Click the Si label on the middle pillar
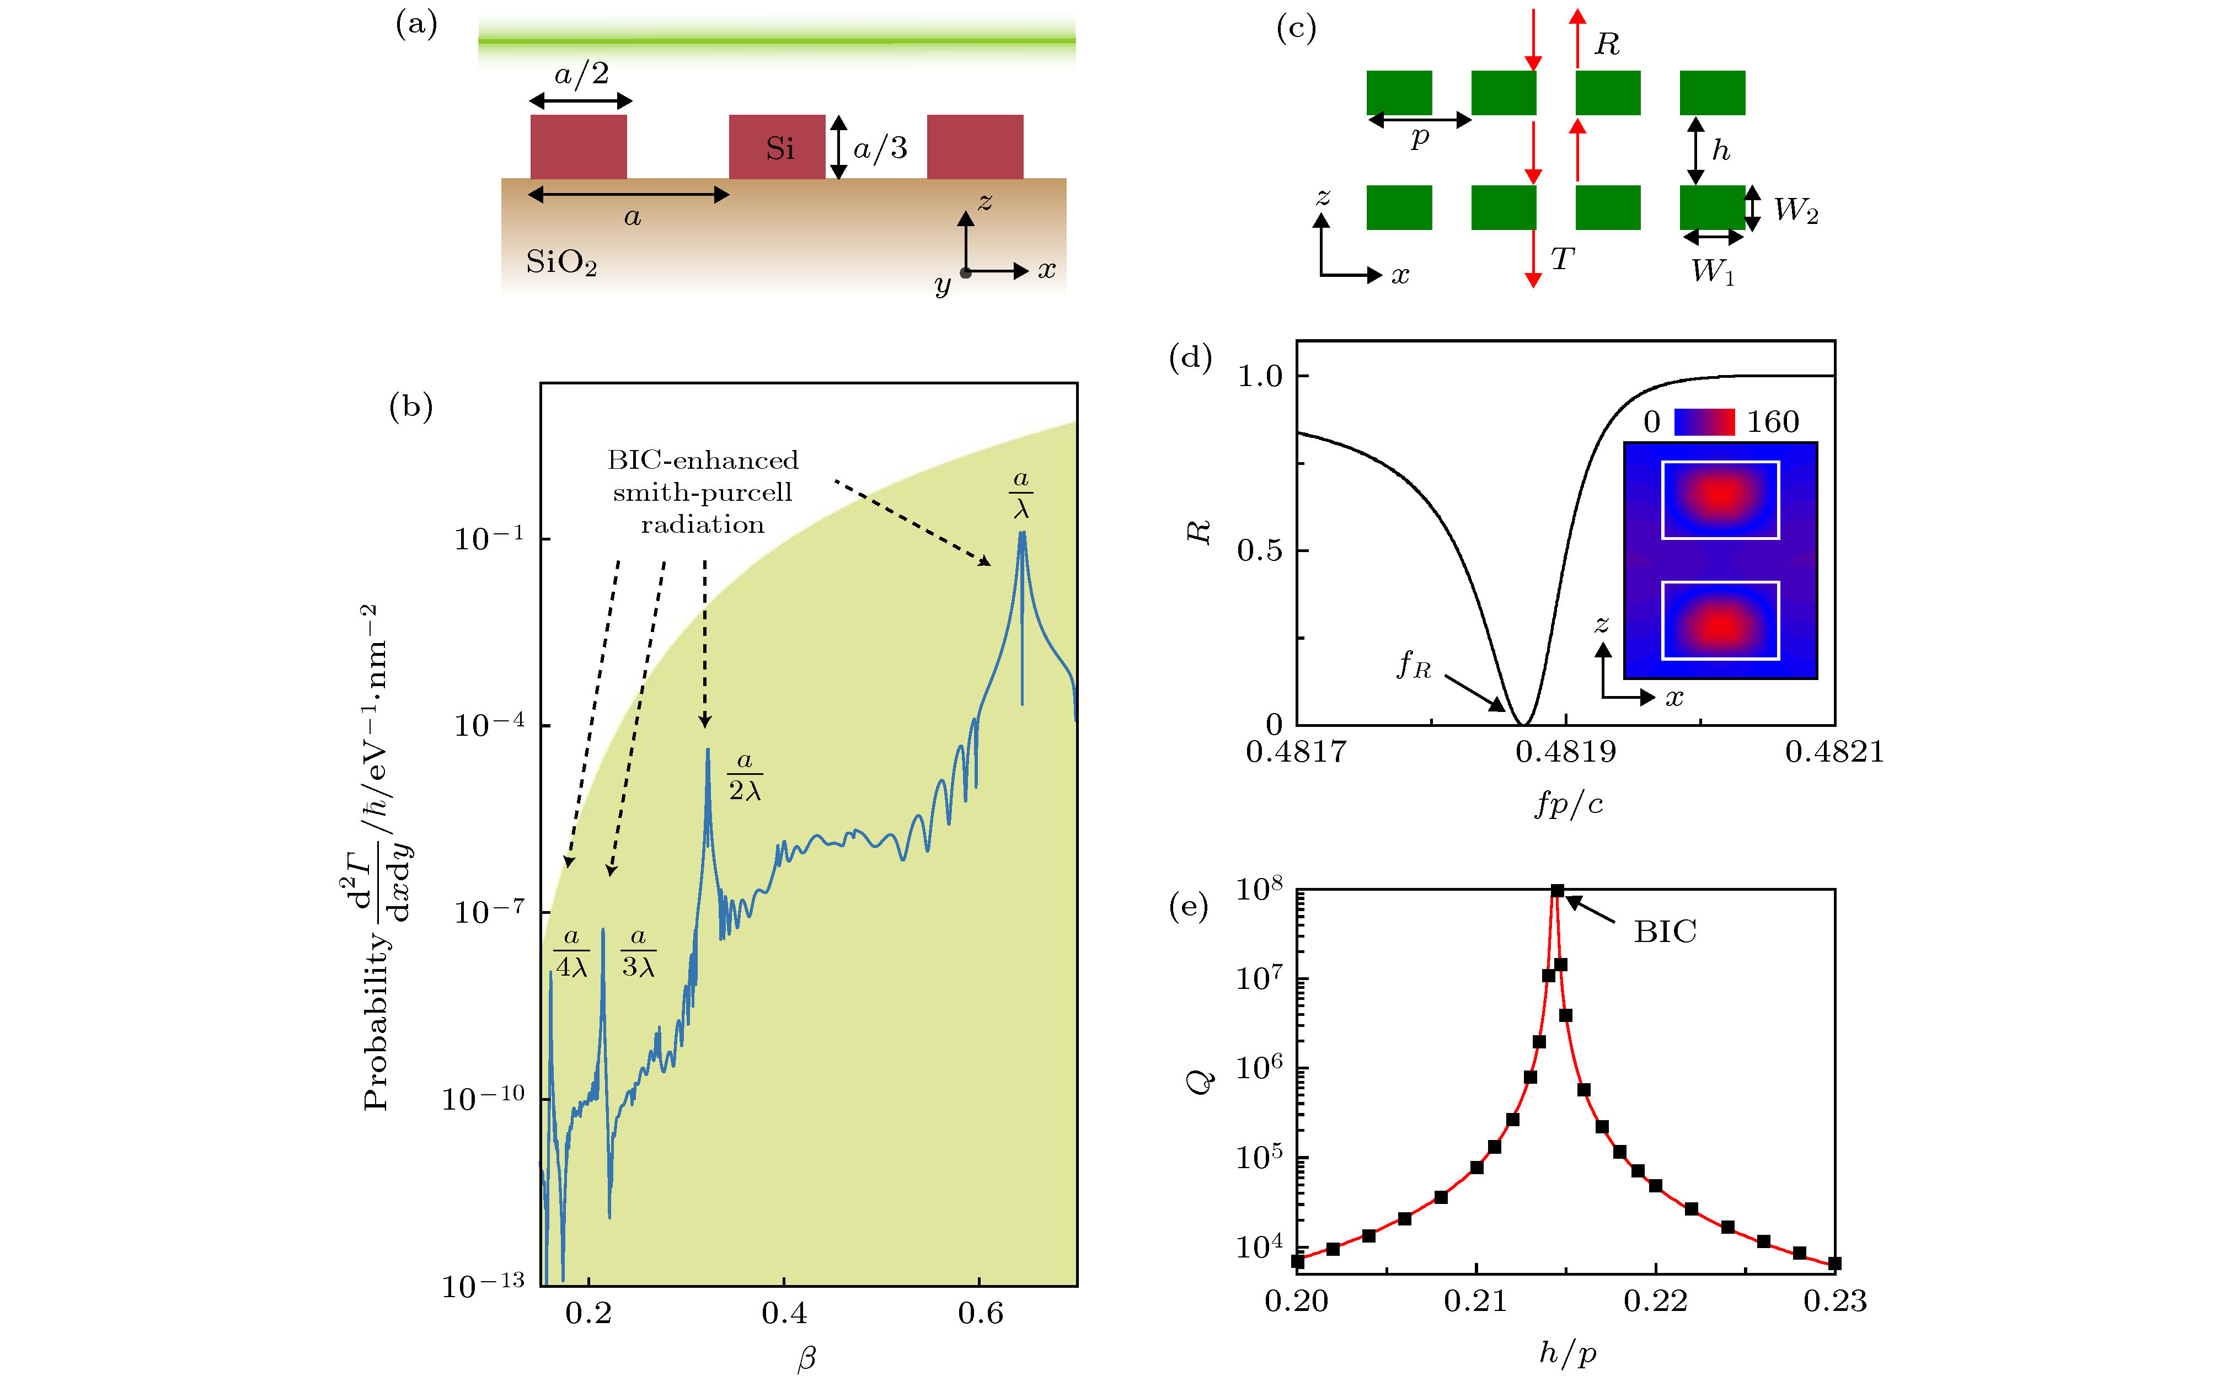[x=779, y=148]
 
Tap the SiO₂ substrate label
[x=561, y=263]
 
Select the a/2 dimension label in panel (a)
[x=582, y=73]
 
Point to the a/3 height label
[x=880, y=148]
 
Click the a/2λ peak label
[x=745, y=777]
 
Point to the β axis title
[x=806, y=1358]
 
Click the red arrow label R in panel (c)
[x=1607, y=44]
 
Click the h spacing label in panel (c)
[x=1721, y=150]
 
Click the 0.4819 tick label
[x=1566, y=752]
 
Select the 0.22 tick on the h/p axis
[x=1655, y=1300]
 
